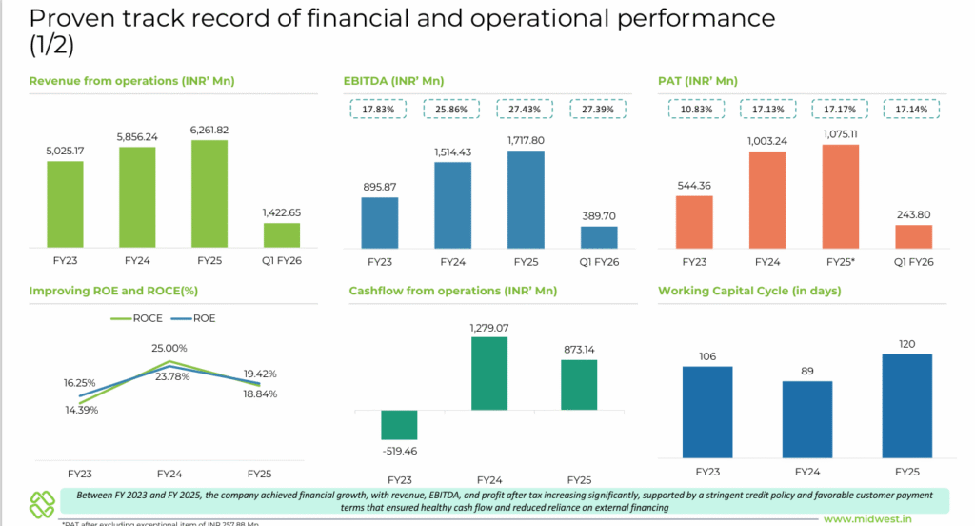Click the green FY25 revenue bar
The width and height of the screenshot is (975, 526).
point(209,194)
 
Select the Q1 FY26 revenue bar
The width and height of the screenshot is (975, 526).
point(281,235)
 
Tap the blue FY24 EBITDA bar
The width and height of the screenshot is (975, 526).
point(452,205)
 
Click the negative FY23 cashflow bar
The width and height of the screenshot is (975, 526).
point(399,425)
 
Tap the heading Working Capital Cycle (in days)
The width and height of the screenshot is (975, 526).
point(749,290)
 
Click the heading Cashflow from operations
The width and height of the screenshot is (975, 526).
point(452,290)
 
